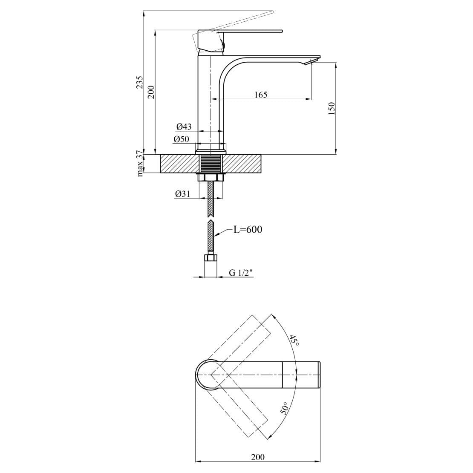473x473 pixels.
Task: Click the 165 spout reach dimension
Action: point(260,95)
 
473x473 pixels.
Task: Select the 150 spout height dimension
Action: point(332,108)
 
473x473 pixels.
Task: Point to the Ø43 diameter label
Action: point(184,127)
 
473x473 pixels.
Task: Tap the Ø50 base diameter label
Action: point(181,139)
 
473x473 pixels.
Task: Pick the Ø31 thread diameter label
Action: point(182,193)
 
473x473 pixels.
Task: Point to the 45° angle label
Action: point(293,341)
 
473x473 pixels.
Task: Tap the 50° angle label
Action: point(285,409)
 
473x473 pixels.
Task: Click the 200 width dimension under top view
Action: point(257,457)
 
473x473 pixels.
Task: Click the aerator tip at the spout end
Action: point(311,63)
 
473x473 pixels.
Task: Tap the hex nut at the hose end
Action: point(211,257)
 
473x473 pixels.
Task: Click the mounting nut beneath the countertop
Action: point(211,177)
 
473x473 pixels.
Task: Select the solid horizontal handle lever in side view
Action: point(251,31)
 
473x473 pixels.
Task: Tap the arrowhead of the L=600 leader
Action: point(216,235)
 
